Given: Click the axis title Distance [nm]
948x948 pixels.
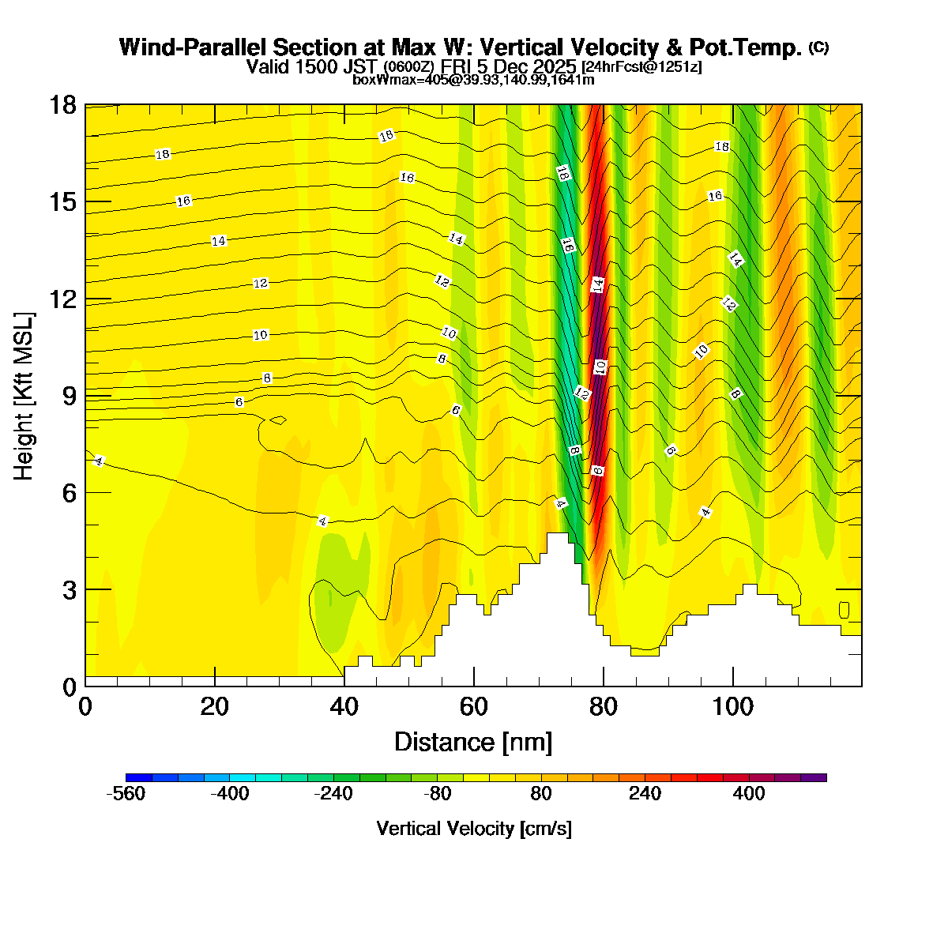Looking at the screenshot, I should point(472,743).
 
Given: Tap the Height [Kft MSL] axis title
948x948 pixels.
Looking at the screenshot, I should point(24,396).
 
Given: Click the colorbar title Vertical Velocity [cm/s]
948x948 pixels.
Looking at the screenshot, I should point(474,829).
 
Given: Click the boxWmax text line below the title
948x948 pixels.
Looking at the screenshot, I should point(473,80).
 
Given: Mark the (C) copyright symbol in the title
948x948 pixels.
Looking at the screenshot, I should point(818,47).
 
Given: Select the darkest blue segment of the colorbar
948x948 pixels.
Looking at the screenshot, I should point(138,777).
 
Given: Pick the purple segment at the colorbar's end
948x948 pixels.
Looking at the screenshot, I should point(814,777).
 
